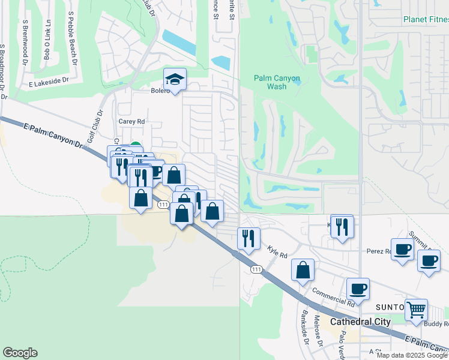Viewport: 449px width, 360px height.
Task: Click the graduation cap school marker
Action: (175, 79)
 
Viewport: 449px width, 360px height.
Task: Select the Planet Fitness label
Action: (426, 19)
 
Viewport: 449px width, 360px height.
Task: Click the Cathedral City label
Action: (360, 322)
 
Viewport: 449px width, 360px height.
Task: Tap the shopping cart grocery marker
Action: (416, 310)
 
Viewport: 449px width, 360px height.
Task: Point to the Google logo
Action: (20, 353)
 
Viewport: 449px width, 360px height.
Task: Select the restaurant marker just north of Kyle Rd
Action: (248, 238)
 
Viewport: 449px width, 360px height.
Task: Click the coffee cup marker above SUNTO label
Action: (358, 289)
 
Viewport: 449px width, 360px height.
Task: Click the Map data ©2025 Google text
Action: (412, 355)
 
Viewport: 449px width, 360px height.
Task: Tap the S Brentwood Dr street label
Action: (25, 42)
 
